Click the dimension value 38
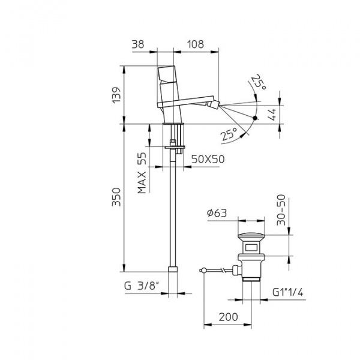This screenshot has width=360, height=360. click(x=138, y=44)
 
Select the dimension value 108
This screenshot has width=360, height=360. click(x=195, y=44)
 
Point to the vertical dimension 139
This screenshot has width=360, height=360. click(x=116, y=95)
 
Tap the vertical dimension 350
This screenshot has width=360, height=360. click(x=116, y=197)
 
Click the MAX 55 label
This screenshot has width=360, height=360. click(x=142, y=173)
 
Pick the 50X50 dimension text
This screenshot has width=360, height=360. click(x=208, y=159)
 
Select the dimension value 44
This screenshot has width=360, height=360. click(x=272, y=115)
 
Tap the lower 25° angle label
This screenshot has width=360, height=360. click(x=229, y=134)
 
